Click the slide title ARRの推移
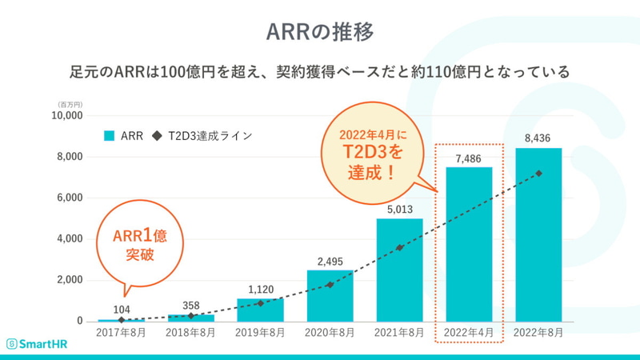tap(320, 31)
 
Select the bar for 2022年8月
tap(538, 240)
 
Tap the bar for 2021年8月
tap(399, 272)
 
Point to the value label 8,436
tap(538, 138)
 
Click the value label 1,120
tap(260, 289)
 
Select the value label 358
tap(190, 305)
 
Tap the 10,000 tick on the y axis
tap(67, 115)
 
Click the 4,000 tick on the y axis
tap(70, 238)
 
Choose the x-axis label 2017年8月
tap(121, 331)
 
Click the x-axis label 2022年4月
tap(469, 331)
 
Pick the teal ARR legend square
tap(110, 136)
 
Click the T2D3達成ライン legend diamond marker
tap(157, 136)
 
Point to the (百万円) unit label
tap(70, 104)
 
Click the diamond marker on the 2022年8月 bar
tap(538, 174)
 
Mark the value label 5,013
tap(399, 210)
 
